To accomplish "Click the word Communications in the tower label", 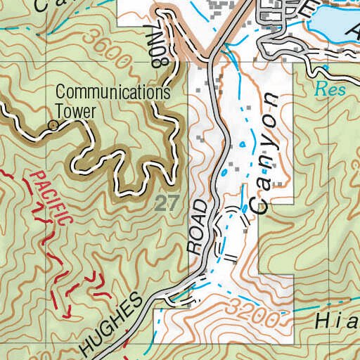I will [112, 92].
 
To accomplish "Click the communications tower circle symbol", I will [52, 126].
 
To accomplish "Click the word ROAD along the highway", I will [200, 226].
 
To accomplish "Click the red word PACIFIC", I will [53, 198].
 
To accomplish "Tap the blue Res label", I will [326, 89].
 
